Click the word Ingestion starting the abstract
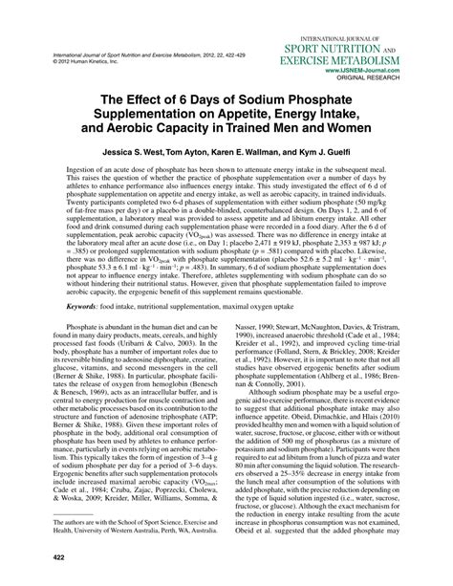point(86,168)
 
